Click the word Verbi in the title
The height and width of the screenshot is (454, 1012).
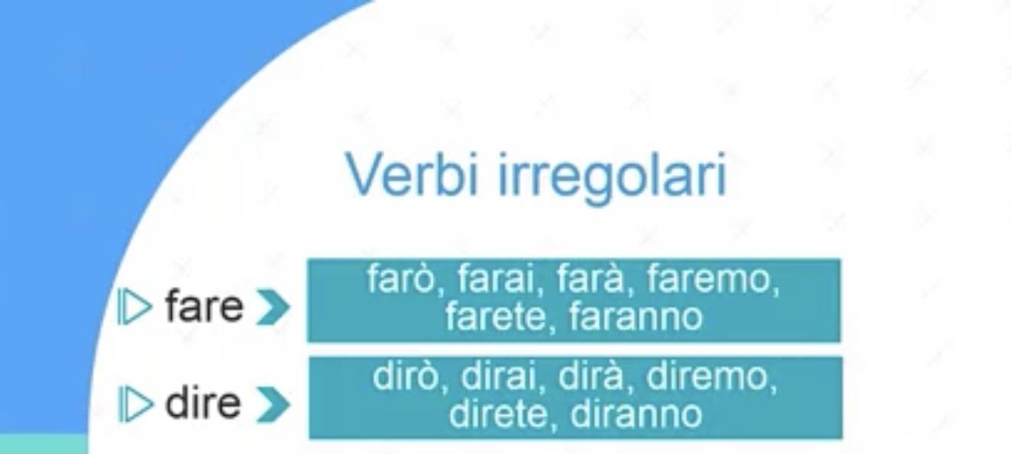(x=412, y=174)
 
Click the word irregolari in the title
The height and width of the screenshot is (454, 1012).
(x=613, y=178)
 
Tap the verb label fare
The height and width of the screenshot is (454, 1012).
(x=204, y=307)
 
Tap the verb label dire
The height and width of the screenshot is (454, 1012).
(x=203, y=402)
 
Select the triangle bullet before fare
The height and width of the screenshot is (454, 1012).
(x=134, y=307)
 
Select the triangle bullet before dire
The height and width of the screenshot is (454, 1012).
(x=134, y=404)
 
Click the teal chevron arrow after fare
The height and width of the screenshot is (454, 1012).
(x=273, y=307)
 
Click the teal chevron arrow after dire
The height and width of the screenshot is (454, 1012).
(x=273, y=405)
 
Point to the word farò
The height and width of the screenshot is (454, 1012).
(x=401, y=279)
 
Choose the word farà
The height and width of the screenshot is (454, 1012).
(x=591, y=279)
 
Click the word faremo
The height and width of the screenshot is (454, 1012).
(x=710, y=279)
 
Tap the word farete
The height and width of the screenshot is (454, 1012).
(x=496, y=317)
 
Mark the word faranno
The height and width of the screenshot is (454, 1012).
(x=636, y=317)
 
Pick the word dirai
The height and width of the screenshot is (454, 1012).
(x=500, y=376)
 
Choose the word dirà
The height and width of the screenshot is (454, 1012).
(x=591, y=376)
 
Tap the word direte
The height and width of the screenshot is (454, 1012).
(x=498, y=414)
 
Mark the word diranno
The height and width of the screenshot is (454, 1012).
(x=636, y=414)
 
